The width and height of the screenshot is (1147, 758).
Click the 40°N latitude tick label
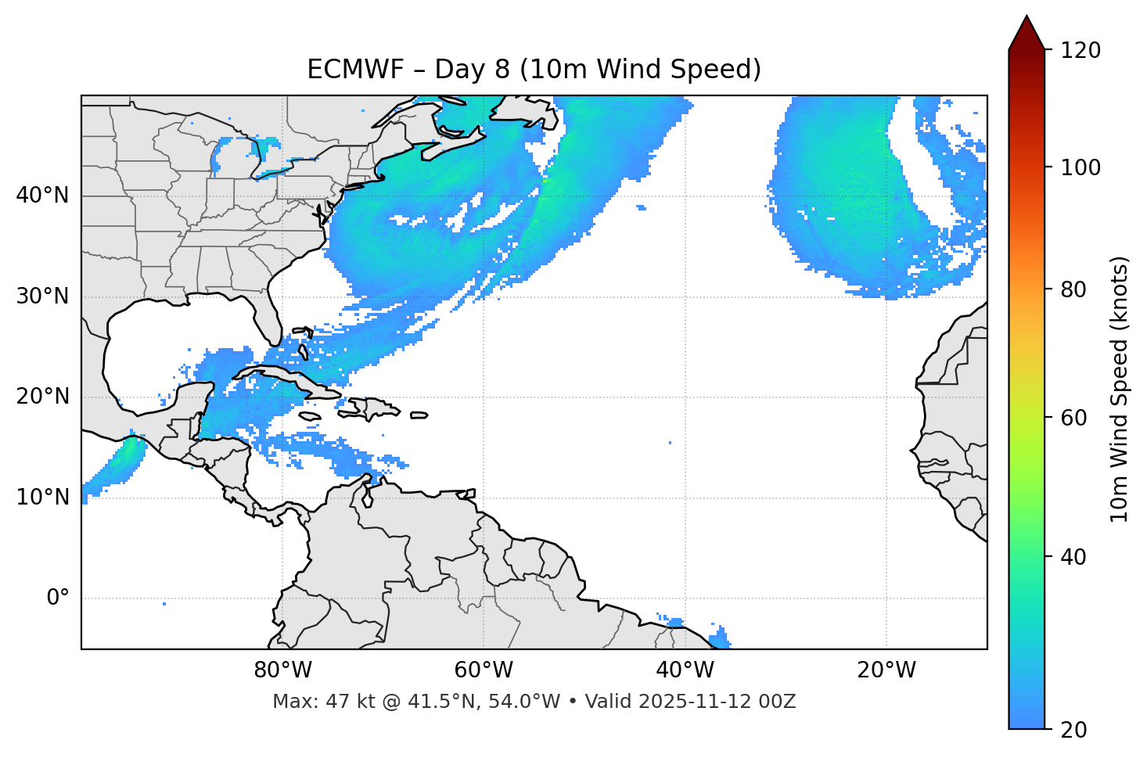(42, 196)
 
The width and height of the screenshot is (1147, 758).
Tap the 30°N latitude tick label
(42, 296)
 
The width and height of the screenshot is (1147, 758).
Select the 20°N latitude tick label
(42, 397)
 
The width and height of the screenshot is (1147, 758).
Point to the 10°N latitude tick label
(42, 498)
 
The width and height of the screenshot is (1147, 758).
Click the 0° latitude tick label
(58, 598)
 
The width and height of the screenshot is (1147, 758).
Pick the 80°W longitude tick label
(282, 670)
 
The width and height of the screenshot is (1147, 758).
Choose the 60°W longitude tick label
(484, 670)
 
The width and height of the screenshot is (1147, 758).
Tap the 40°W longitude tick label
(685, 670)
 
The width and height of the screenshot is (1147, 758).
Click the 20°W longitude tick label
(886, 670)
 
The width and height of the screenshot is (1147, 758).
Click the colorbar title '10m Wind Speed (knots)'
(1120, 389)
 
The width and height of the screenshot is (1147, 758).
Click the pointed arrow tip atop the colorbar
(1027, 19)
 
